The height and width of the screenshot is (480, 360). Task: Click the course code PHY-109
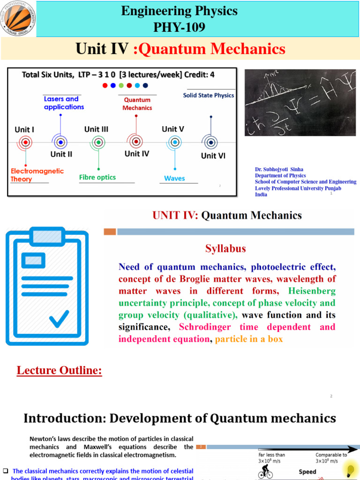click(180, 28)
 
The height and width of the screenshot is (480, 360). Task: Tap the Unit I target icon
click(25, 142)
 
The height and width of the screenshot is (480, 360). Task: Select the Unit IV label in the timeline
click(137, 153)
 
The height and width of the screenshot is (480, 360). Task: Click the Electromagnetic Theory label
click(37, 175)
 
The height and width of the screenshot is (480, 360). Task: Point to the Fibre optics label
click(97, 177)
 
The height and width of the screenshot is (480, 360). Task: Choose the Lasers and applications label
click(64, 103)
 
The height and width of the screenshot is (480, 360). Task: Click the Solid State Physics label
click(208, 96)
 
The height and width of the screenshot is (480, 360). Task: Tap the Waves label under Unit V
click(174, 178)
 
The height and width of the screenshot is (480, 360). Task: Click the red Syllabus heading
click(225, 248)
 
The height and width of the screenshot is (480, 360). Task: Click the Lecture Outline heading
click(59, 371)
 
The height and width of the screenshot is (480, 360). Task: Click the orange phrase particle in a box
click(249, 339)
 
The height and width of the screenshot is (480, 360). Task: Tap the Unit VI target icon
click(211, 142)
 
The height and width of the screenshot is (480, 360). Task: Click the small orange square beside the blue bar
click(110, 232)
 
